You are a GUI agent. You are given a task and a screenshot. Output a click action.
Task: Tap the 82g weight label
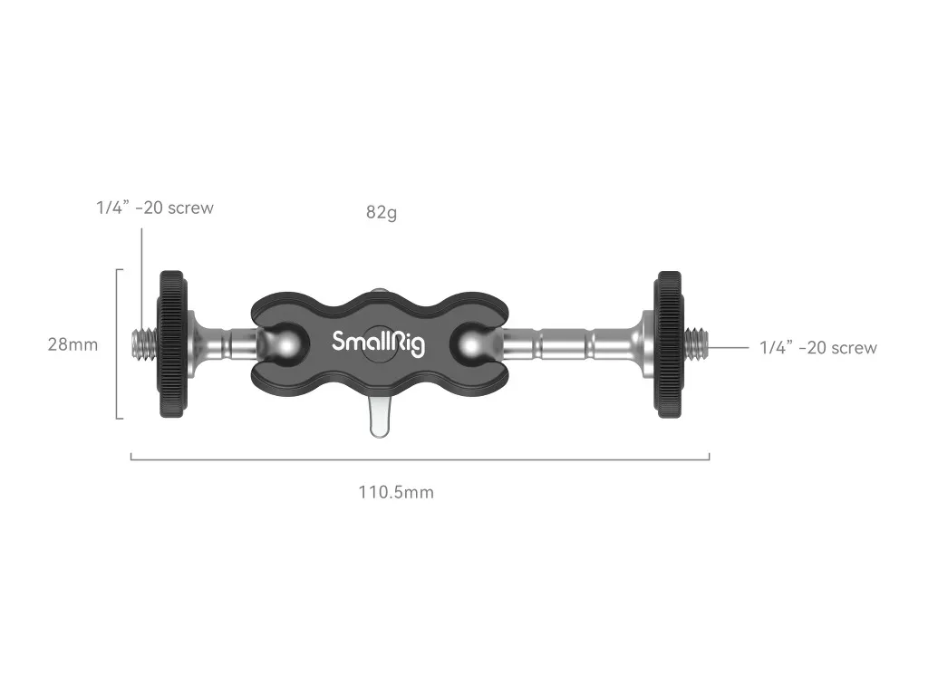point(382,212)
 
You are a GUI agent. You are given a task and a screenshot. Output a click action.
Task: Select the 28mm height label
point(72,344)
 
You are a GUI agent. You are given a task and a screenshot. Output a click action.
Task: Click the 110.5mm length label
point(396,492)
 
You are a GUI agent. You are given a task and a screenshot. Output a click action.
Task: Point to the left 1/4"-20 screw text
point(155,208)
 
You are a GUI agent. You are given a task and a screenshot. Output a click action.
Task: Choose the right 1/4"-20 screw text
point(818,347)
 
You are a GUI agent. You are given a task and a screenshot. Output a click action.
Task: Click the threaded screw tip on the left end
point(144,343)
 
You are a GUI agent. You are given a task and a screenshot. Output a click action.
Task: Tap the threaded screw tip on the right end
point(696,343)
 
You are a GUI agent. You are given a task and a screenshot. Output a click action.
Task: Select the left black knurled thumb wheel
point(172,343)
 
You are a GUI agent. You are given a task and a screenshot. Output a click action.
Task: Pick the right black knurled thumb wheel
point(668,343)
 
